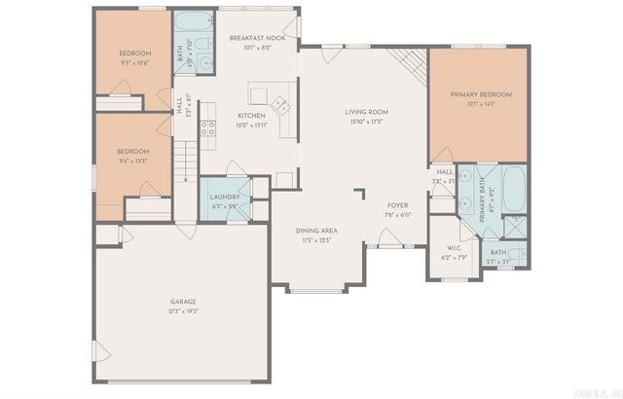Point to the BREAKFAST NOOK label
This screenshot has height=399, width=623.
[x=257, y=36]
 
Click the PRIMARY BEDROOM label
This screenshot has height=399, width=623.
[x=480, y=94]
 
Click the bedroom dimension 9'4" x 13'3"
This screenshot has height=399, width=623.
[x=133, y=162]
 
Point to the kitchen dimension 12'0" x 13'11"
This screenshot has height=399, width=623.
[x=251, y=125]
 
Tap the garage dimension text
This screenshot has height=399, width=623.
[x=183, y=312]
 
